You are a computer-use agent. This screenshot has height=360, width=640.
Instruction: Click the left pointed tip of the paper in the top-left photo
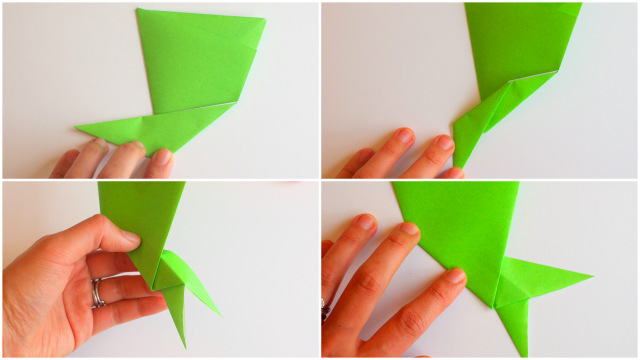pos(77,126)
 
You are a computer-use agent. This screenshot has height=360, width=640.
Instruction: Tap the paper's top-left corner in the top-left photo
pos(137,10)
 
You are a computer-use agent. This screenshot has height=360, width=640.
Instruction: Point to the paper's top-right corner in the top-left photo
pos(265,20)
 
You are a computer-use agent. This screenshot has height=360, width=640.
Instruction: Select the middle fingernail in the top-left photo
pos(133,147)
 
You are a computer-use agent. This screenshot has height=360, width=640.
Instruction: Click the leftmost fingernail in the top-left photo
pos(98,144)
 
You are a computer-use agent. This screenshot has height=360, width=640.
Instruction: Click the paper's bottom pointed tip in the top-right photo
pos(456,165)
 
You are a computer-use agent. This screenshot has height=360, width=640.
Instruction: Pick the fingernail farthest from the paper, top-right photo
pos(404,135)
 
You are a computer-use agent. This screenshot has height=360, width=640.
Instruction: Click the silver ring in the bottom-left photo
pos(96,292)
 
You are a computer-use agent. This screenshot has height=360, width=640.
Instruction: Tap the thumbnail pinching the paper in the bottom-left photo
pos(127,237)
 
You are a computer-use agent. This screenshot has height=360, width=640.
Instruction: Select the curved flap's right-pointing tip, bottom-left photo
pos(218,313)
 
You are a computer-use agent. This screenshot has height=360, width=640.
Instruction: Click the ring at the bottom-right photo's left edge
pos(326,311)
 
